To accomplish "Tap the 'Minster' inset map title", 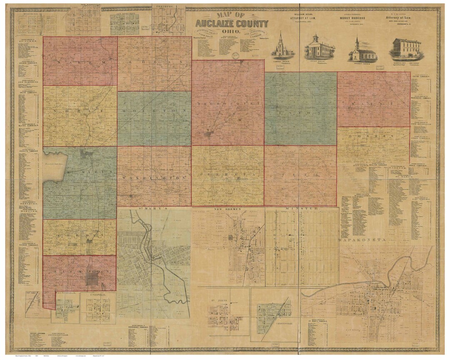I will pyautogui.click(x=301, y=208).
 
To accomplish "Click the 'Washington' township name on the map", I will pyautogui.click(x=154, y=178).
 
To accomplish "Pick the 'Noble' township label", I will pyautogui.click(x=79, y=112).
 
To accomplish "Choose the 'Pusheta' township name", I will pyautogui.click(x=227, y=173).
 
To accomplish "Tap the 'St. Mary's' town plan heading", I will pyautogui.click(x=155, y=208).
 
